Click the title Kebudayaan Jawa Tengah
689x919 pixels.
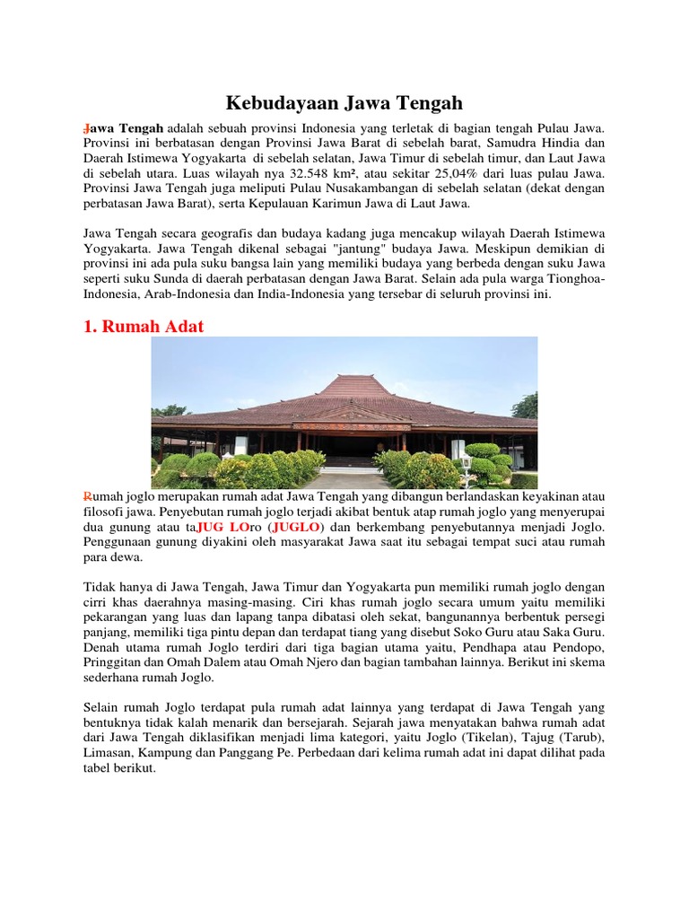pos(344,102)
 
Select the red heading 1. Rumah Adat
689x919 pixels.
pos(144,327)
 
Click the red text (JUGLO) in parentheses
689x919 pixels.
pos(292,528)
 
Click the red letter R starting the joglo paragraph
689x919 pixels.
pos(87,496)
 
